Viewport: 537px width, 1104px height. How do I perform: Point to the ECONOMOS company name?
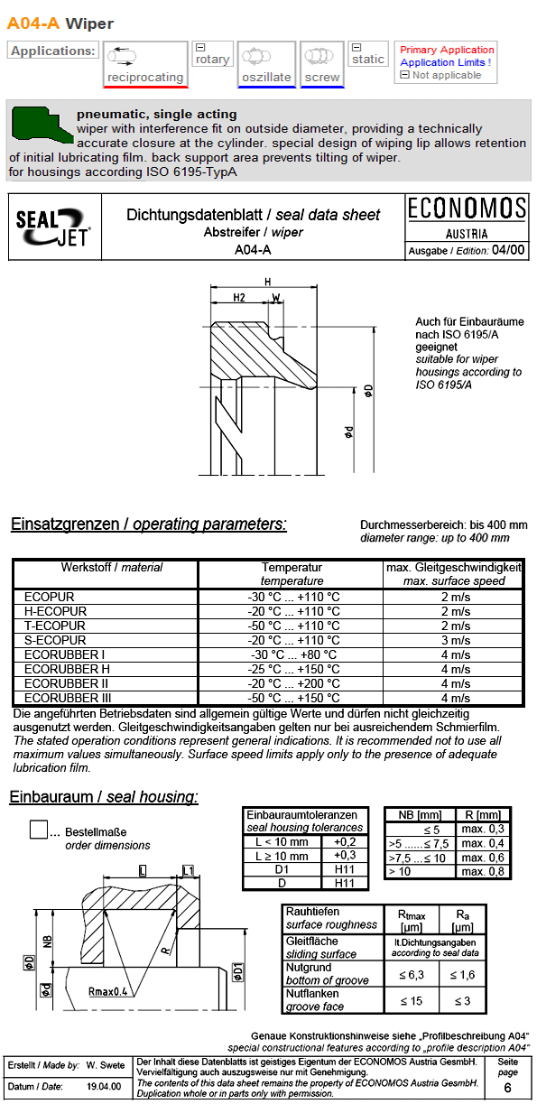click(x=467, y=209)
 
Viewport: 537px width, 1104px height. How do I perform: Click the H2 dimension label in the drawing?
click(x=239, y=297)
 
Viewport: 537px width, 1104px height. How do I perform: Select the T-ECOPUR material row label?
click(x=55, y=626)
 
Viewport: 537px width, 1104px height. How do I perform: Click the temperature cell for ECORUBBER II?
click(x=293, y=683)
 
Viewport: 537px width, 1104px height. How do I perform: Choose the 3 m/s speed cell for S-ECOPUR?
click(x=455, y=640)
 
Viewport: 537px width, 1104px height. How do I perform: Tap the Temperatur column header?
click(x=292, y=568)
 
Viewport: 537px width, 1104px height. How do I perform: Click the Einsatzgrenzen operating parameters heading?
click(x=148, y=524)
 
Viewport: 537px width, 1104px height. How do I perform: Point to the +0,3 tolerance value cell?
click(x=345, y=855)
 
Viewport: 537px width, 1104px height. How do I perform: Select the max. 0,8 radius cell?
click(x=483, y=871)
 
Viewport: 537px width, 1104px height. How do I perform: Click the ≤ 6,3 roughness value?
click(x=406, y=975)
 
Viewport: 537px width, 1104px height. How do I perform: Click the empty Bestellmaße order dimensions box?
click(x=39, y=830)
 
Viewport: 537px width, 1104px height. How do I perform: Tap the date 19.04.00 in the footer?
click(x=104, y=1087)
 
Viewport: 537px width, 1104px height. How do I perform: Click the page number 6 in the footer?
click(x=507, y=1089)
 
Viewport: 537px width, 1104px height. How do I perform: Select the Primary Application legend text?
click(x=447, y=50)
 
